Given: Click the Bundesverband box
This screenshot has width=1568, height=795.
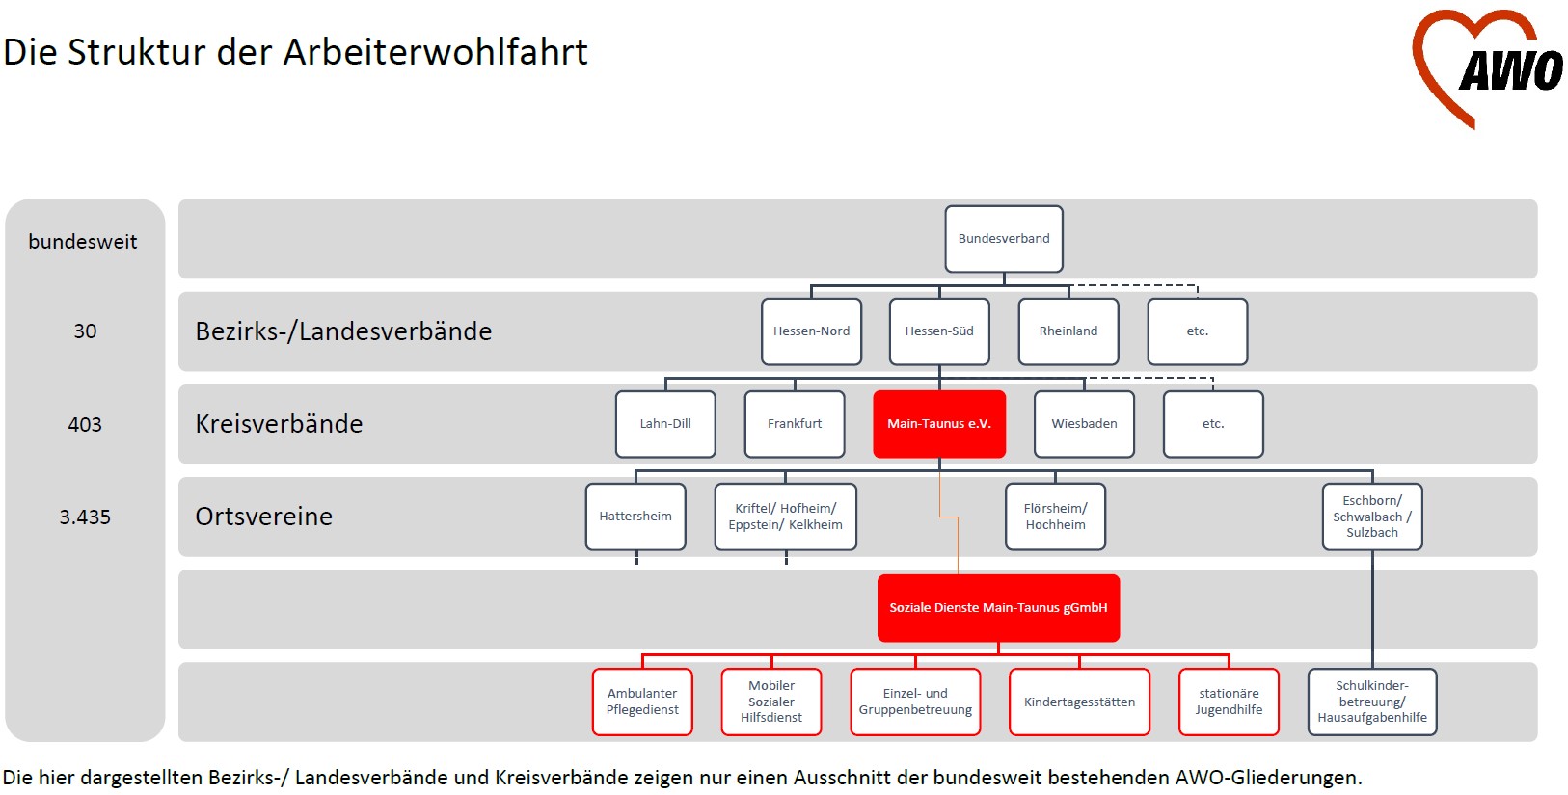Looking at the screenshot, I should (x=1004, y=239).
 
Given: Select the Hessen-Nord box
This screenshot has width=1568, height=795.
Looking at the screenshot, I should (x=811, y=331).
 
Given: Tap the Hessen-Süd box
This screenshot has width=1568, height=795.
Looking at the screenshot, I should (x=939, y=331).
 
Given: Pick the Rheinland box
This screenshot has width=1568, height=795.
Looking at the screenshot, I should (x=1068, y=331).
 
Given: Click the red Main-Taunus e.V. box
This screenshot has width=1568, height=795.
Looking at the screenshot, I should (x=939, y=424).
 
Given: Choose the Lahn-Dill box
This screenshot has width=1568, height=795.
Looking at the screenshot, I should (x=665, y=424).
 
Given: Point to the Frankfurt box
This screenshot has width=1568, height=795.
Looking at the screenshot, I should (x=795, y=424).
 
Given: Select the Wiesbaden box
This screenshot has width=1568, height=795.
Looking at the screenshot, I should (x=1084, y=424).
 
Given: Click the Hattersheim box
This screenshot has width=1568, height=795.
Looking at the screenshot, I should (x=635, y=517).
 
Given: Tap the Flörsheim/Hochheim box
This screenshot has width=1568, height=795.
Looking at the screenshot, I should (x=1055, y=517).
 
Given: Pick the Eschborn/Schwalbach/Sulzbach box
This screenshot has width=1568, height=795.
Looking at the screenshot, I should (x=1372, y=517).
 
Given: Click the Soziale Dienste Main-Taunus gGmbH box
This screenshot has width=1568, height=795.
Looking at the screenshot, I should (x=998, y=608).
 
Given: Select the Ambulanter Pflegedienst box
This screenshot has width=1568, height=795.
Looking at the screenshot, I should (x=642, y=702).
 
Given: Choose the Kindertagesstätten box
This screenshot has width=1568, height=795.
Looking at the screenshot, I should (x=1079, y=702).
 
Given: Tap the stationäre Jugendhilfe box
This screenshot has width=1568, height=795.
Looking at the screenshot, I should (x=1229, y=702).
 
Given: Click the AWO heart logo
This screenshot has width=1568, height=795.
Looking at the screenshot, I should (x=1485, y=67).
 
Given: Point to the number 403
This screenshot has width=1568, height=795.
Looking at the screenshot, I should (x=85, y=424).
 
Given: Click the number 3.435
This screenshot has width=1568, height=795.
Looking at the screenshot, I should (x=85, y=517).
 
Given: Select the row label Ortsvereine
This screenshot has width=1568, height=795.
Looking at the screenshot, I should (x=263, y=517).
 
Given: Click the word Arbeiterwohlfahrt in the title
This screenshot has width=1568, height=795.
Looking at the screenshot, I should (x=435, y=52).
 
